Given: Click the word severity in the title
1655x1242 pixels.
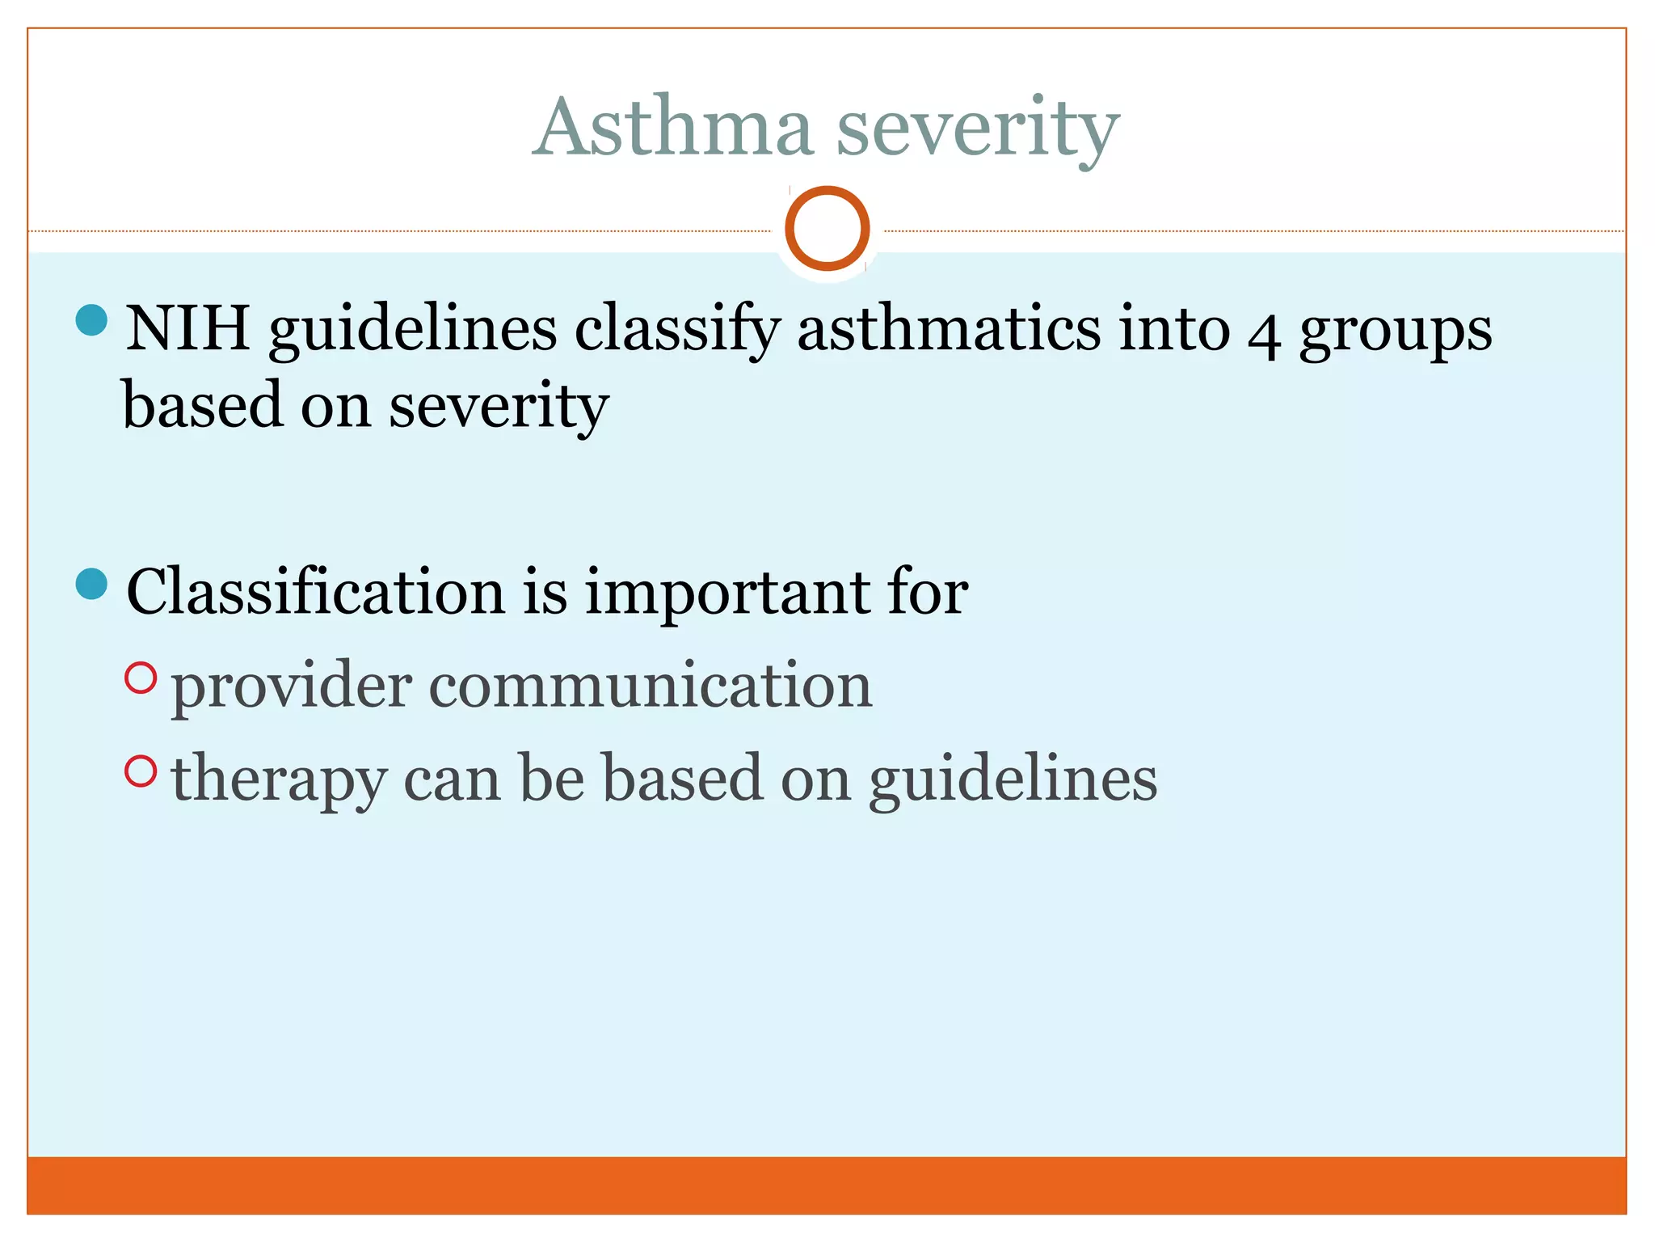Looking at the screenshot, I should [978, 129].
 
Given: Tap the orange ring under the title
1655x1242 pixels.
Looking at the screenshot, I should [827, 228].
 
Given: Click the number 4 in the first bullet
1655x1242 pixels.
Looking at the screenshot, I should [1264, 333].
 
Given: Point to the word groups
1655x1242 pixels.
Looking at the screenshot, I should [1396, 332].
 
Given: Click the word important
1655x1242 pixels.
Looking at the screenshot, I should [726, 593].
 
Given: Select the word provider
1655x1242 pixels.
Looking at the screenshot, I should [292, 686].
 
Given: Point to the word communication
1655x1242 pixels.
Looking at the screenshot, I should [651, 685].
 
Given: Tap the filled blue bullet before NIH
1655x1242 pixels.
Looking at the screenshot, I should [91, 320].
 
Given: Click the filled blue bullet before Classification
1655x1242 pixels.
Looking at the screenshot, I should [91, 584].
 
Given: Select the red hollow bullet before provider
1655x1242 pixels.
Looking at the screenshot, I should [141, 678].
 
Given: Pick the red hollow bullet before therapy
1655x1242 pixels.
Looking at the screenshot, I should [141, 771].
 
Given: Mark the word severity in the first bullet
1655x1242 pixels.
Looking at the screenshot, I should [498, 406].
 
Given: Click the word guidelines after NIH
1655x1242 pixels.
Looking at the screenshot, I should [413, 330].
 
